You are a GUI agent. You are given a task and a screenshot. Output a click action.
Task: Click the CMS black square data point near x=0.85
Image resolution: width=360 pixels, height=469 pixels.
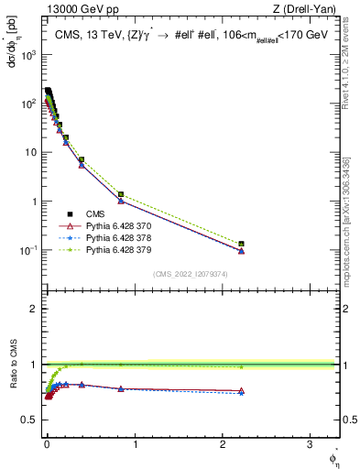coord(121,194)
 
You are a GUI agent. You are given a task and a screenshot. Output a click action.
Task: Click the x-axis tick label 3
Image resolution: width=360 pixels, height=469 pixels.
coord(311,449)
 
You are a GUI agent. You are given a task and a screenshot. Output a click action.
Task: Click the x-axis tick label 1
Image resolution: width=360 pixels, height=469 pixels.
coord(134,449)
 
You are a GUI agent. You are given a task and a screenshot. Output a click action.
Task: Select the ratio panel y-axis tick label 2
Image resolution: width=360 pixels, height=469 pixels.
coord(33,309)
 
